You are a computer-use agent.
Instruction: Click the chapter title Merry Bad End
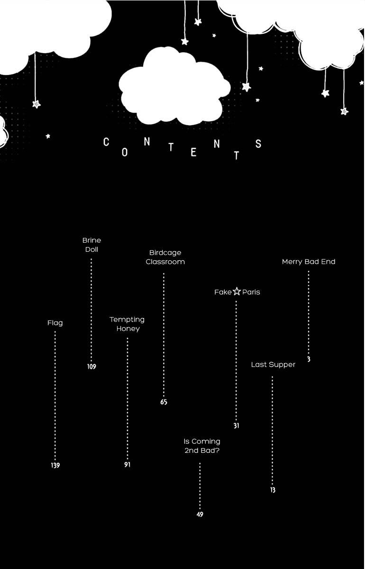tap(309, 262)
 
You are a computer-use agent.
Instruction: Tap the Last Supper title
tap(273, 365)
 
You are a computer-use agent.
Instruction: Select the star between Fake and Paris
tap(237, 291)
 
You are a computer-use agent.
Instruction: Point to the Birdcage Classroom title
tap(165, 257)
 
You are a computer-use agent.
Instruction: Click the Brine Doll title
tap(91, 245)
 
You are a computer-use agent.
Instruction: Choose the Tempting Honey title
tap(127, 324)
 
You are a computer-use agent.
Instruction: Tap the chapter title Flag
tap(55, 323)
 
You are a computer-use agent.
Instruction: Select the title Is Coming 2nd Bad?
tap(202, 446)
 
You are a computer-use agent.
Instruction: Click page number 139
tap(55, 465)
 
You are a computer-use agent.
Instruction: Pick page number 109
tap(91, 366)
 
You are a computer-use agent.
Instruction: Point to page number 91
tap(127, 464)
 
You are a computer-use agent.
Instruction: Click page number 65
tap(164, 402)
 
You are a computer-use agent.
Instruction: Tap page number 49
tap(200, 514)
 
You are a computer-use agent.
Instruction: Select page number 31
tap(236, 425)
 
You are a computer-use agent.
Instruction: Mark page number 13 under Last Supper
tap(273, 490)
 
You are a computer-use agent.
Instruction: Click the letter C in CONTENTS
tap(106, 142)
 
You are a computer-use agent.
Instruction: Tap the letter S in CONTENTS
tap(258, 144)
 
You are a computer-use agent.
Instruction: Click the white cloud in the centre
tap(174, 86)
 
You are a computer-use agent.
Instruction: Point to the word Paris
tap(251, 292)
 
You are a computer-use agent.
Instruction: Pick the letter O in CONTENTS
tap(125, 152)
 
